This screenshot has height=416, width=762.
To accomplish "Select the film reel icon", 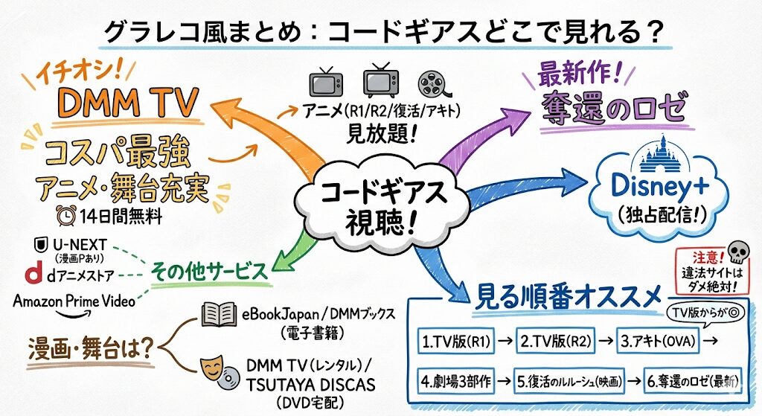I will pyautogui.click(x=434, y=83).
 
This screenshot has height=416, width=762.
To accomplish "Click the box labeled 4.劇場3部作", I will pyautogui.click(x=455, y=383).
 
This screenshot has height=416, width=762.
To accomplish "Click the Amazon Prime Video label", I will pyautogui.click(x=74, y=301).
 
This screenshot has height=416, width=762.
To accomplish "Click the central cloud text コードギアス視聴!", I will pyautogui.click(x=382, y=206).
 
